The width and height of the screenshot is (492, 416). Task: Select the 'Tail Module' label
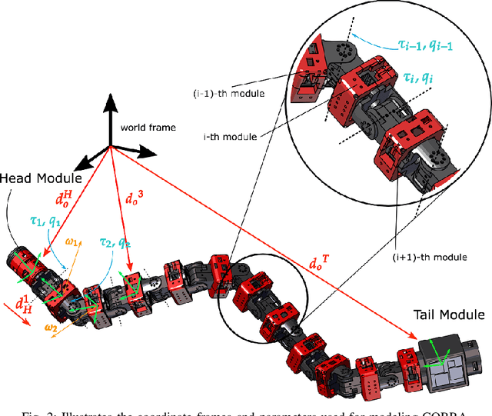pos(449,314)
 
